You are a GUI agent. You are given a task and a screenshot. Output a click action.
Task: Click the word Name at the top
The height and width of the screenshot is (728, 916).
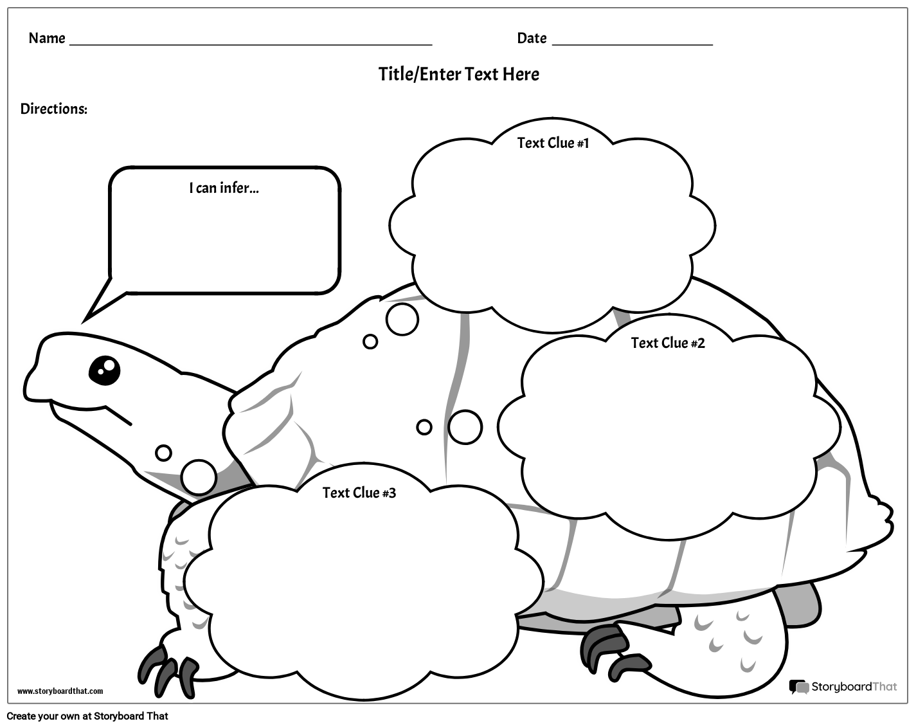47,39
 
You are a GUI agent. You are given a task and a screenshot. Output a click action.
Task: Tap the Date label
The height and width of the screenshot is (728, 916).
532,39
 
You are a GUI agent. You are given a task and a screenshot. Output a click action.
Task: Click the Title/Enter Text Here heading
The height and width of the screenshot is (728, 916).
458,74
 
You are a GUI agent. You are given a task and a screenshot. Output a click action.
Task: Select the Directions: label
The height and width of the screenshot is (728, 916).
54,109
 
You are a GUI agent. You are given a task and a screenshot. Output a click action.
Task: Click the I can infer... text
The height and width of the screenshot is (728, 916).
224,188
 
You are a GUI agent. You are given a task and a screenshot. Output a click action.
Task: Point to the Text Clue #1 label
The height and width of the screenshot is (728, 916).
553,143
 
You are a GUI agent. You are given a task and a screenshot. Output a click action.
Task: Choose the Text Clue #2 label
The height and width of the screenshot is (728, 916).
668,343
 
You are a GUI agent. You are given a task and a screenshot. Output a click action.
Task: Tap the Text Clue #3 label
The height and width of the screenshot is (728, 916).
359,493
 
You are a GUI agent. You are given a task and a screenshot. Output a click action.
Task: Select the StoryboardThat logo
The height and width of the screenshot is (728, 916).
843,687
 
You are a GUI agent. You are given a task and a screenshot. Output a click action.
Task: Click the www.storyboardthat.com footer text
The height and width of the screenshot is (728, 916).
60,691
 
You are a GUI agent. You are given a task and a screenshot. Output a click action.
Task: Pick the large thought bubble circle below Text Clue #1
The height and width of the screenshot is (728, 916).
402,318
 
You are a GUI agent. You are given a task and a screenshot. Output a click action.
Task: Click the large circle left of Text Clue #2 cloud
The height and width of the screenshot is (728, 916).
465,427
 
